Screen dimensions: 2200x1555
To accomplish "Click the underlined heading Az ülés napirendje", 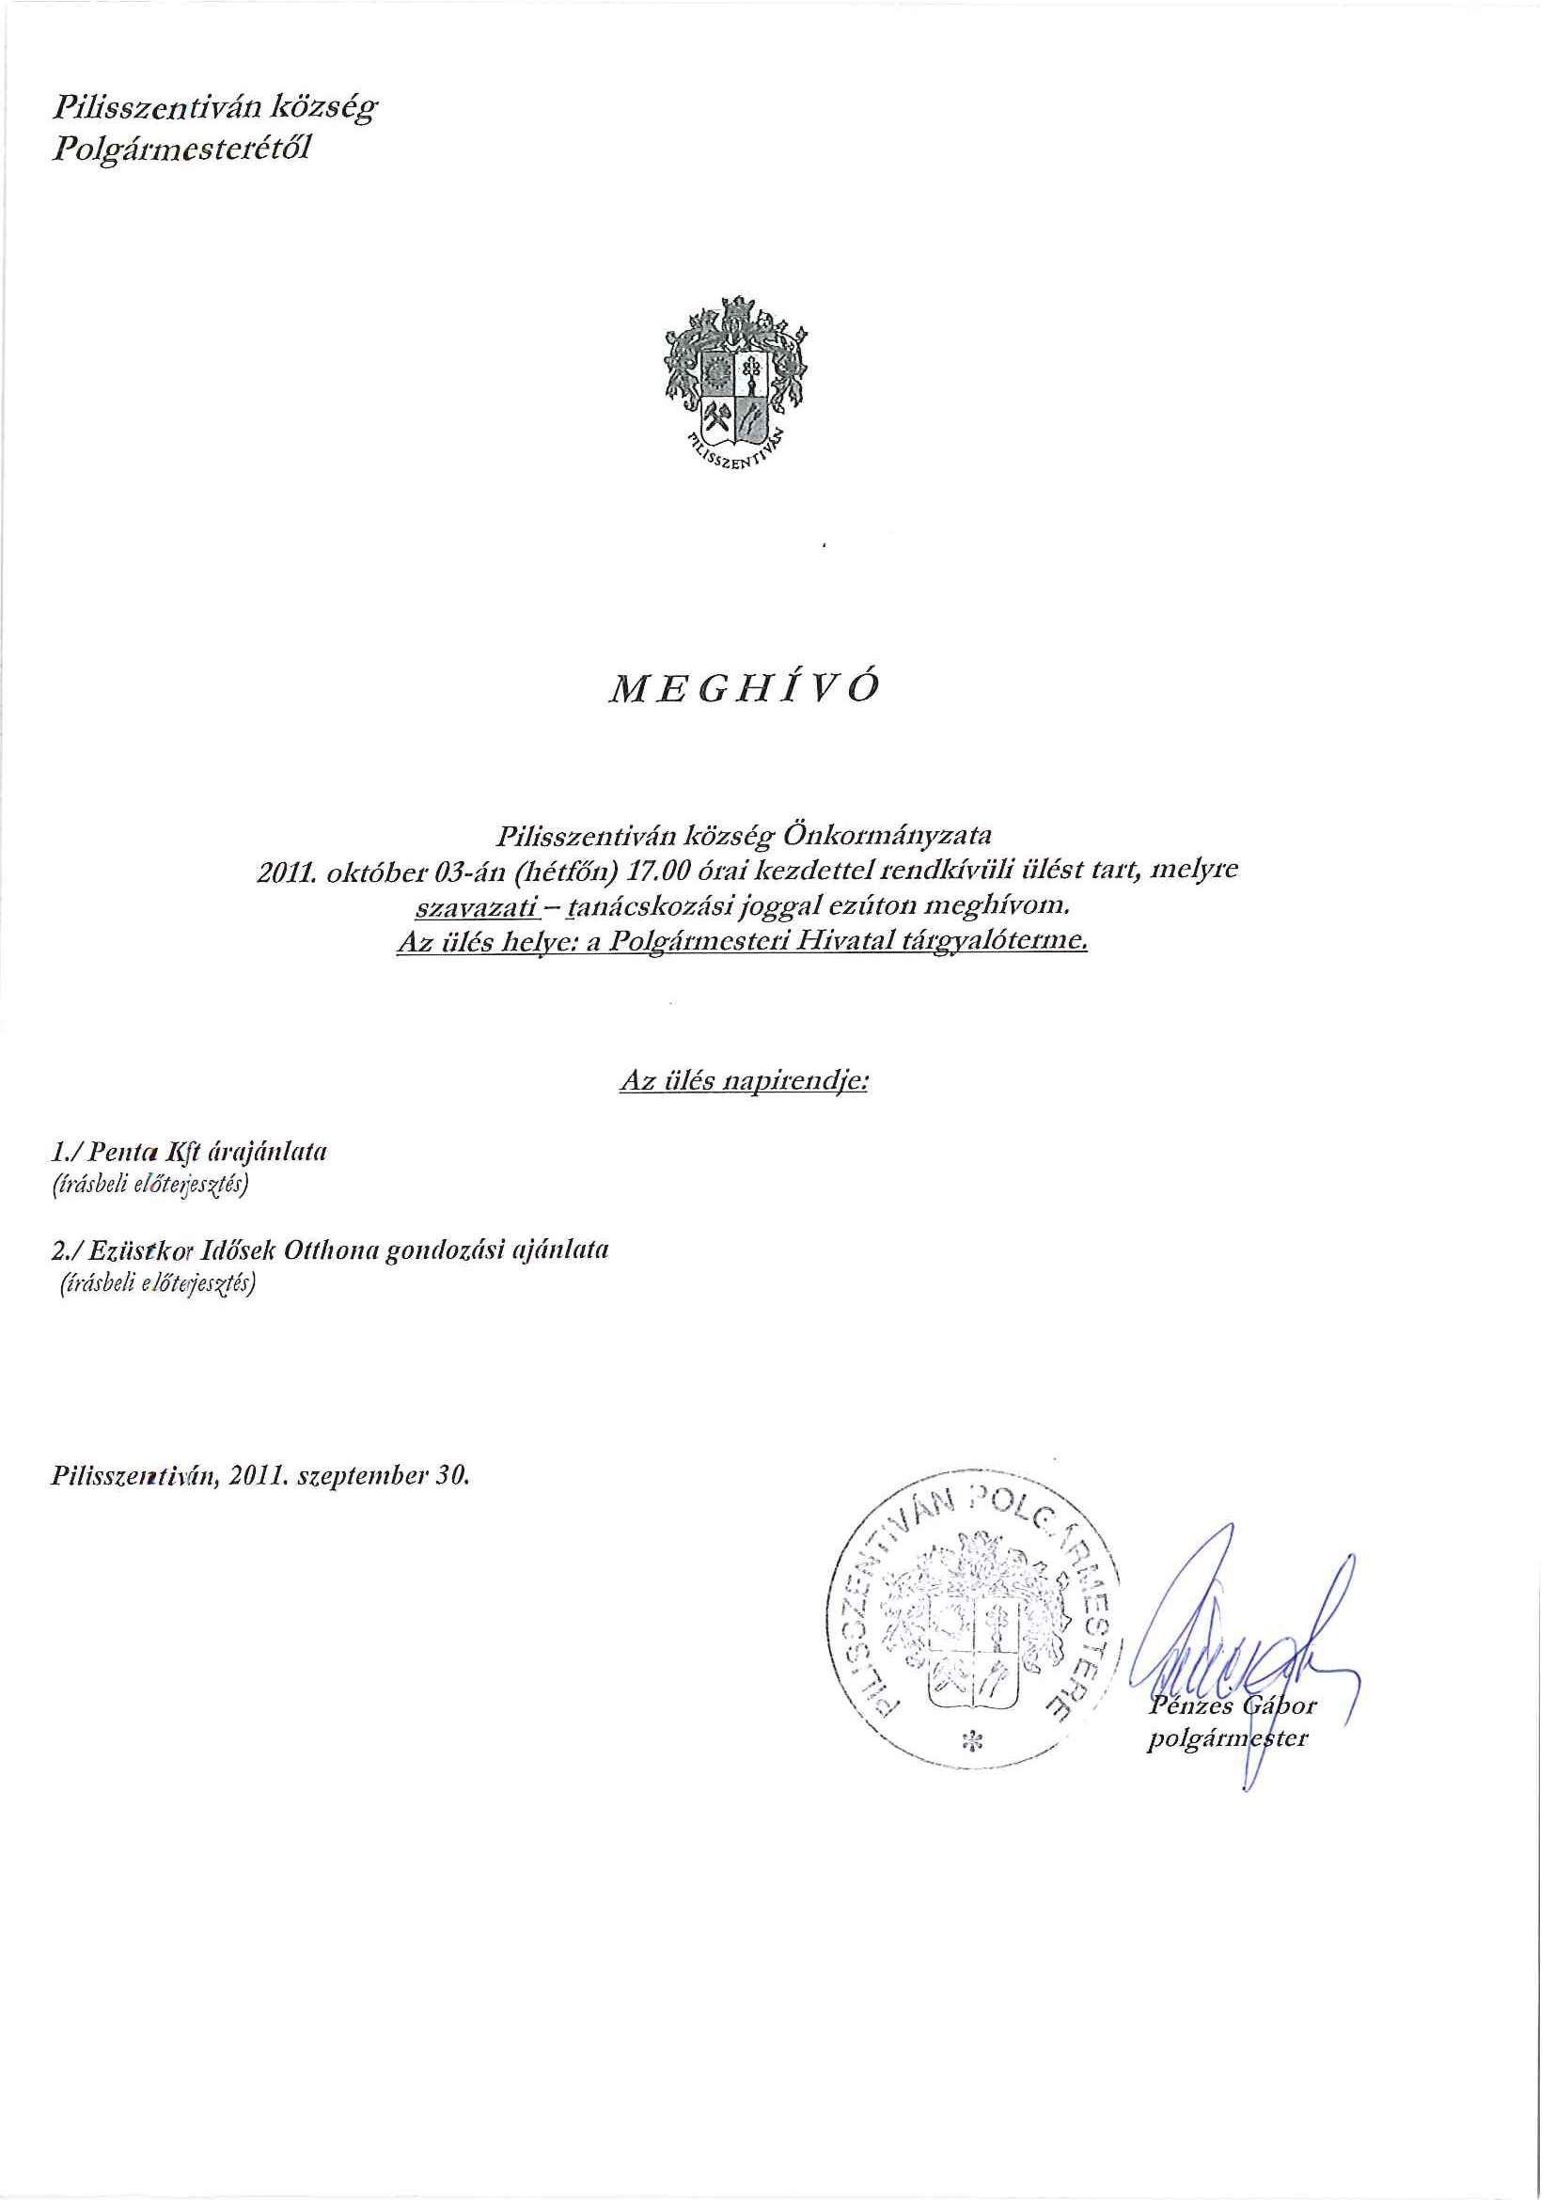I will pyautogui.click(x=744, y=1083).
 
